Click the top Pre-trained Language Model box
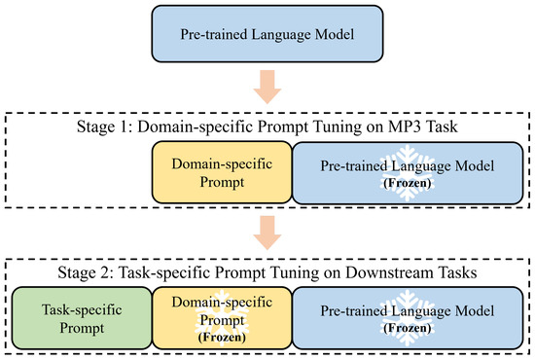click(267, 35)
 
